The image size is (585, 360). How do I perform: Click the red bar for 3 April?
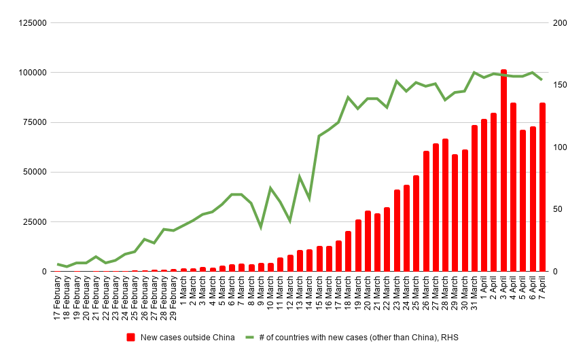click(x=503, y=170)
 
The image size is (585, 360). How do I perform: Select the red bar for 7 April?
click(x=542, y=187)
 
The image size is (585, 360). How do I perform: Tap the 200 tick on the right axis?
click(x=560, y=23)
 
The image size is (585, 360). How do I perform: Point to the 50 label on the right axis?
click(x=558, y=209)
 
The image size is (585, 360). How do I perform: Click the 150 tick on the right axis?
click(x=560, y=85)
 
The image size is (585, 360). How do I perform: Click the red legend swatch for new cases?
click(x=131, y=337)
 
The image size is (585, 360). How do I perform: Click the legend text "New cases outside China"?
click(x=188, y=337)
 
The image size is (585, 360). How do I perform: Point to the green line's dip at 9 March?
click(x=261, y=227)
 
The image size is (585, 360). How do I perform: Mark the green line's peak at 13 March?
click(x=300, y=177)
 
